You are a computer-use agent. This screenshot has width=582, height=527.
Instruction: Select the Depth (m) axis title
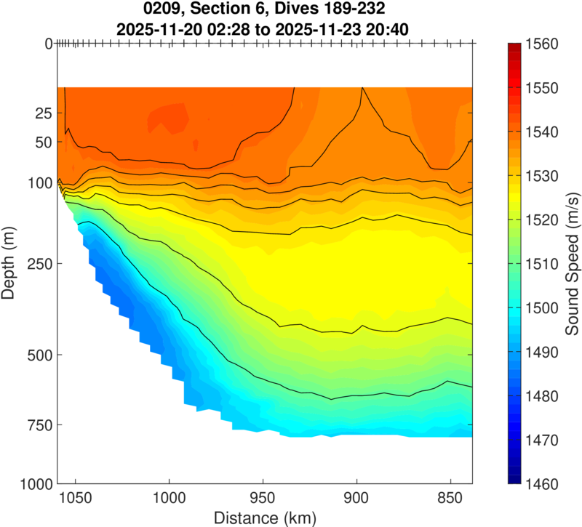[x=9, y=262]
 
